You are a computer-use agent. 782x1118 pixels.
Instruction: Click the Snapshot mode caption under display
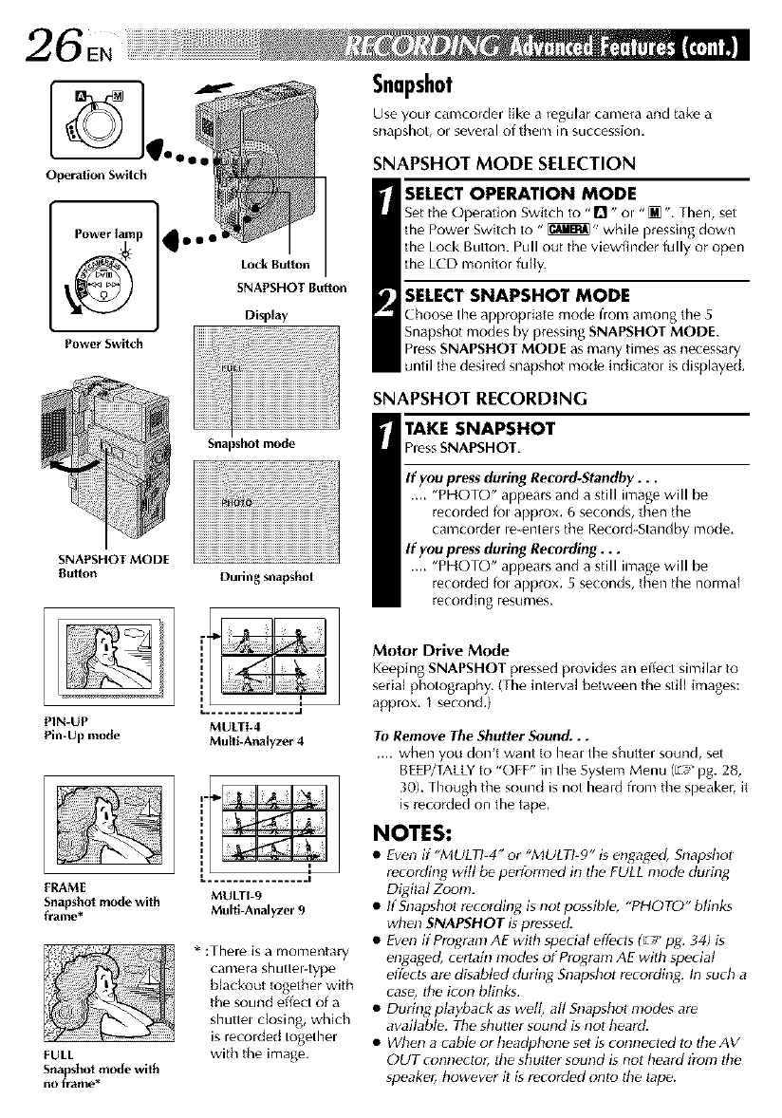coord(250,444)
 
